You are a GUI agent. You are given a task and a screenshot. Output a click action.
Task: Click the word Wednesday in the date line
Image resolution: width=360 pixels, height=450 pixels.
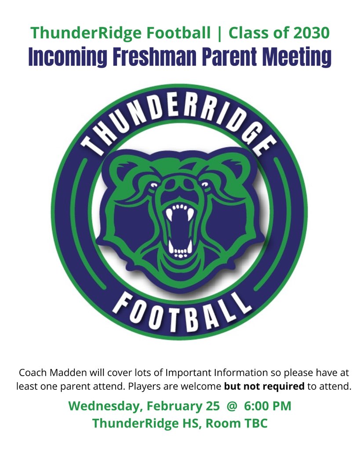105,406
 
